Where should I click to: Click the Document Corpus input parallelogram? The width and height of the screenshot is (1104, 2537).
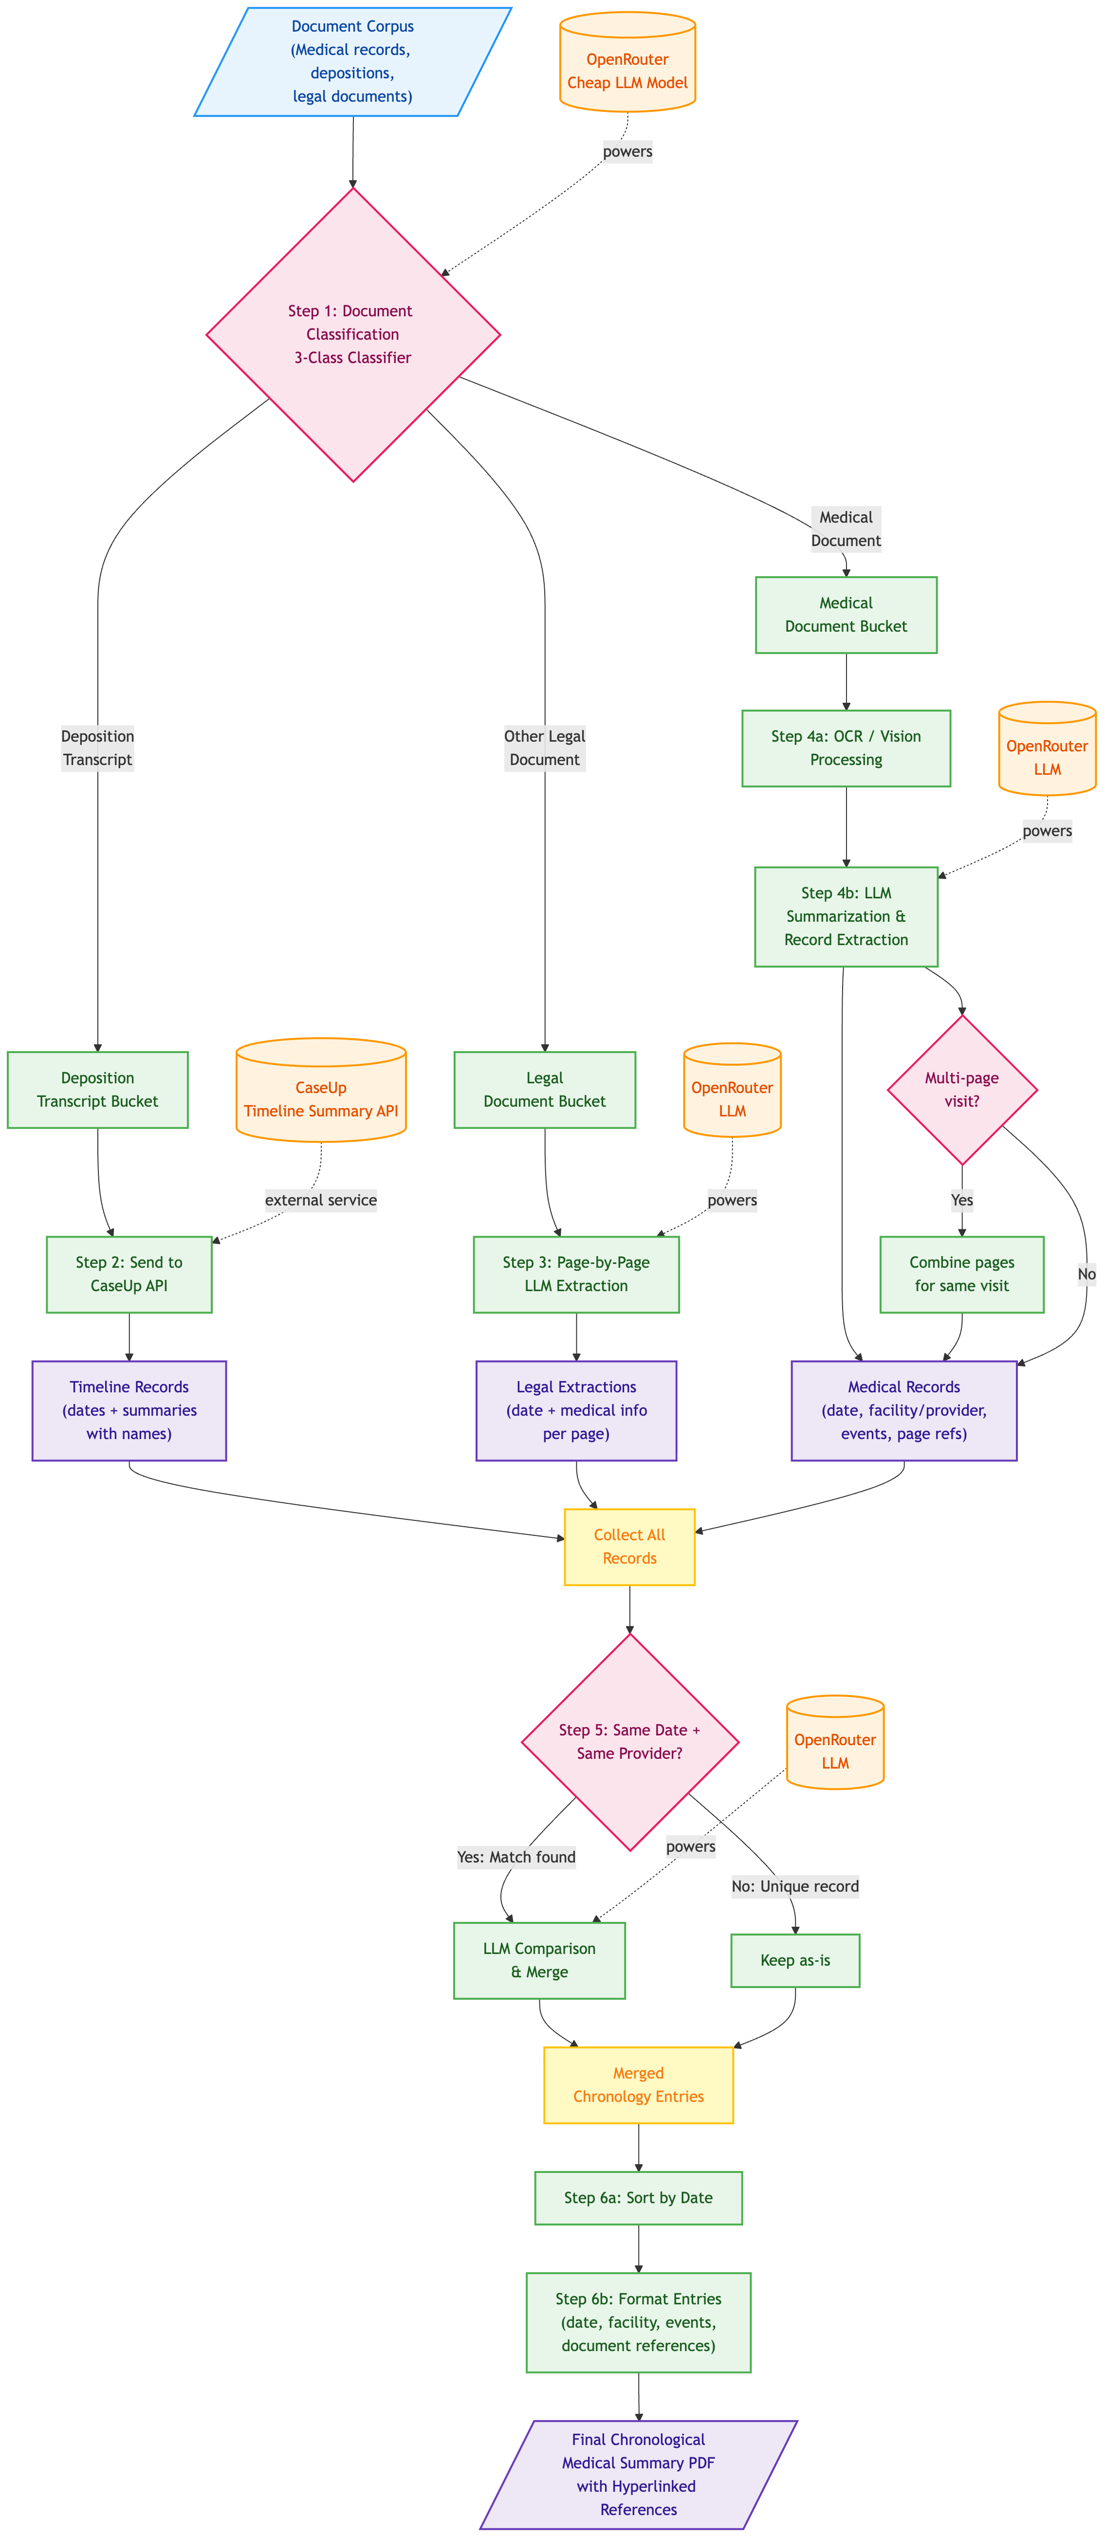352,61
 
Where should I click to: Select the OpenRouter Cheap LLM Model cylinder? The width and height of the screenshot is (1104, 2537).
627,61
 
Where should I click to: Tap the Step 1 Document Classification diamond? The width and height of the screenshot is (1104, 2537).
352,334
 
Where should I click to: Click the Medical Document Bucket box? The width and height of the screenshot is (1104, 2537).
846,615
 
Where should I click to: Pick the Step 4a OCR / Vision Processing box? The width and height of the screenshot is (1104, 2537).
846,748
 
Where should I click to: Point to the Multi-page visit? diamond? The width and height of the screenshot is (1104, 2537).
962,1089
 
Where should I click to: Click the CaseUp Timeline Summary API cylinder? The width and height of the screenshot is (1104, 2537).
321,1089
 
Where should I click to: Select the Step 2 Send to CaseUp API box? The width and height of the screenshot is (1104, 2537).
129,1274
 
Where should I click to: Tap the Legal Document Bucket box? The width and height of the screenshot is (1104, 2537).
545,1089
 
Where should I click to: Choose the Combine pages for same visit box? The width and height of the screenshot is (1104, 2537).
962,1274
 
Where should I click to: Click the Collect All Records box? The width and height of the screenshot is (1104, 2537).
629,1546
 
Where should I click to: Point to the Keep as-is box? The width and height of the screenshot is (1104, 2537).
795,1960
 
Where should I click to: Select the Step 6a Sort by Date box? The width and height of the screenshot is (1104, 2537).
638,2197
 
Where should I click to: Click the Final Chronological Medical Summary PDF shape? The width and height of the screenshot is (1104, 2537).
638,2474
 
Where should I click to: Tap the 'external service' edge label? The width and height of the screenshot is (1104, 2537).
321,1200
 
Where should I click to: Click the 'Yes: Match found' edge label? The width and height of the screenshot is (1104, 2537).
516,1857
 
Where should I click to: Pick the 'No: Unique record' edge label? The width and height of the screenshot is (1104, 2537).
795,1886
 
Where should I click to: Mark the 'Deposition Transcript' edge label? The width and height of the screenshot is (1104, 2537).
97,748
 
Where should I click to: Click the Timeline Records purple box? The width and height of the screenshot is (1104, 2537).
129,1410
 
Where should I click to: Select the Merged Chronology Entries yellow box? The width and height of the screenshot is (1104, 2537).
638,2085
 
